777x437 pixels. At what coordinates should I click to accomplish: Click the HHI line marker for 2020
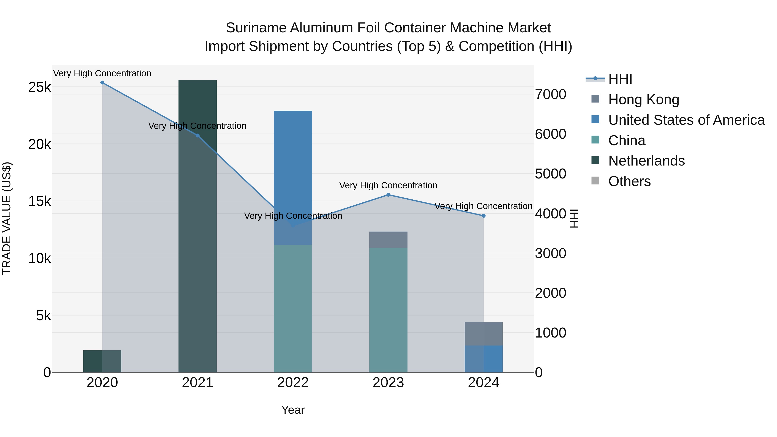pyautogui.click(x=102, y=83)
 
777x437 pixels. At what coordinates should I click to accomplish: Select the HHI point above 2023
pyautogui.click(x=388, y=195)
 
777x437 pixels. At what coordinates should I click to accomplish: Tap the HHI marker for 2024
pyautogui.click(x=483, y=216)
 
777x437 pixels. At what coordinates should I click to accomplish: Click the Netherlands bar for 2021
pyautogui.click(x=197, y=226)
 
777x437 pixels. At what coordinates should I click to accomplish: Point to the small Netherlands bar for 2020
pyautogui.click(x=102, y=361)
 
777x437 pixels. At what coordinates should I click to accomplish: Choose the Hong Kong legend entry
pyautogui.click(x=643, y=99)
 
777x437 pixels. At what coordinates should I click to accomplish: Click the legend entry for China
pyautogui.click(x=627, y=140)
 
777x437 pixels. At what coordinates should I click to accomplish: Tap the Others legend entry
pyautogui.click(x=629, y=181)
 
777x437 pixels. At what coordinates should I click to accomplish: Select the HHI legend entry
pyautogui.click(x=620, y=79)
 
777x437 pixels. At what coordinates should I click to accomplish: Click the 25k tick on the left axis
pyautogui.click(x=39, y=87)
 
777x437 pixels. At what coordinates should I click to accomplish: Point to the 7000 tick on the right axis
pyautogui.click(x=550, y=94)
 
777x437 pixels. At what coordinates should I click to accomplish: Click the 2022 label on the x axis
pyautogui.click(x=293, y=383)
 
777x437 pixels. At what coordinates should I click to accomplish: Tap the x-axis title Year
pyautogui.click(x=293, y=410)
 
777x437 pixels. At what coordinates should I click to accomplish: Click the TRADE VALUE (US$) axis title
pyautogui.click(x=7, y=218)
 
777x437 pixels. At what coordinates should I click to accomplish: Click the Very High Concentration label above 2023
pyautogui.click(x=388, y=185)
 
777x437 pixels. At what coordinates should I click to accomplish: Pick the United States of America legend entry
pyautogui.click(x=686, y=120)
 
